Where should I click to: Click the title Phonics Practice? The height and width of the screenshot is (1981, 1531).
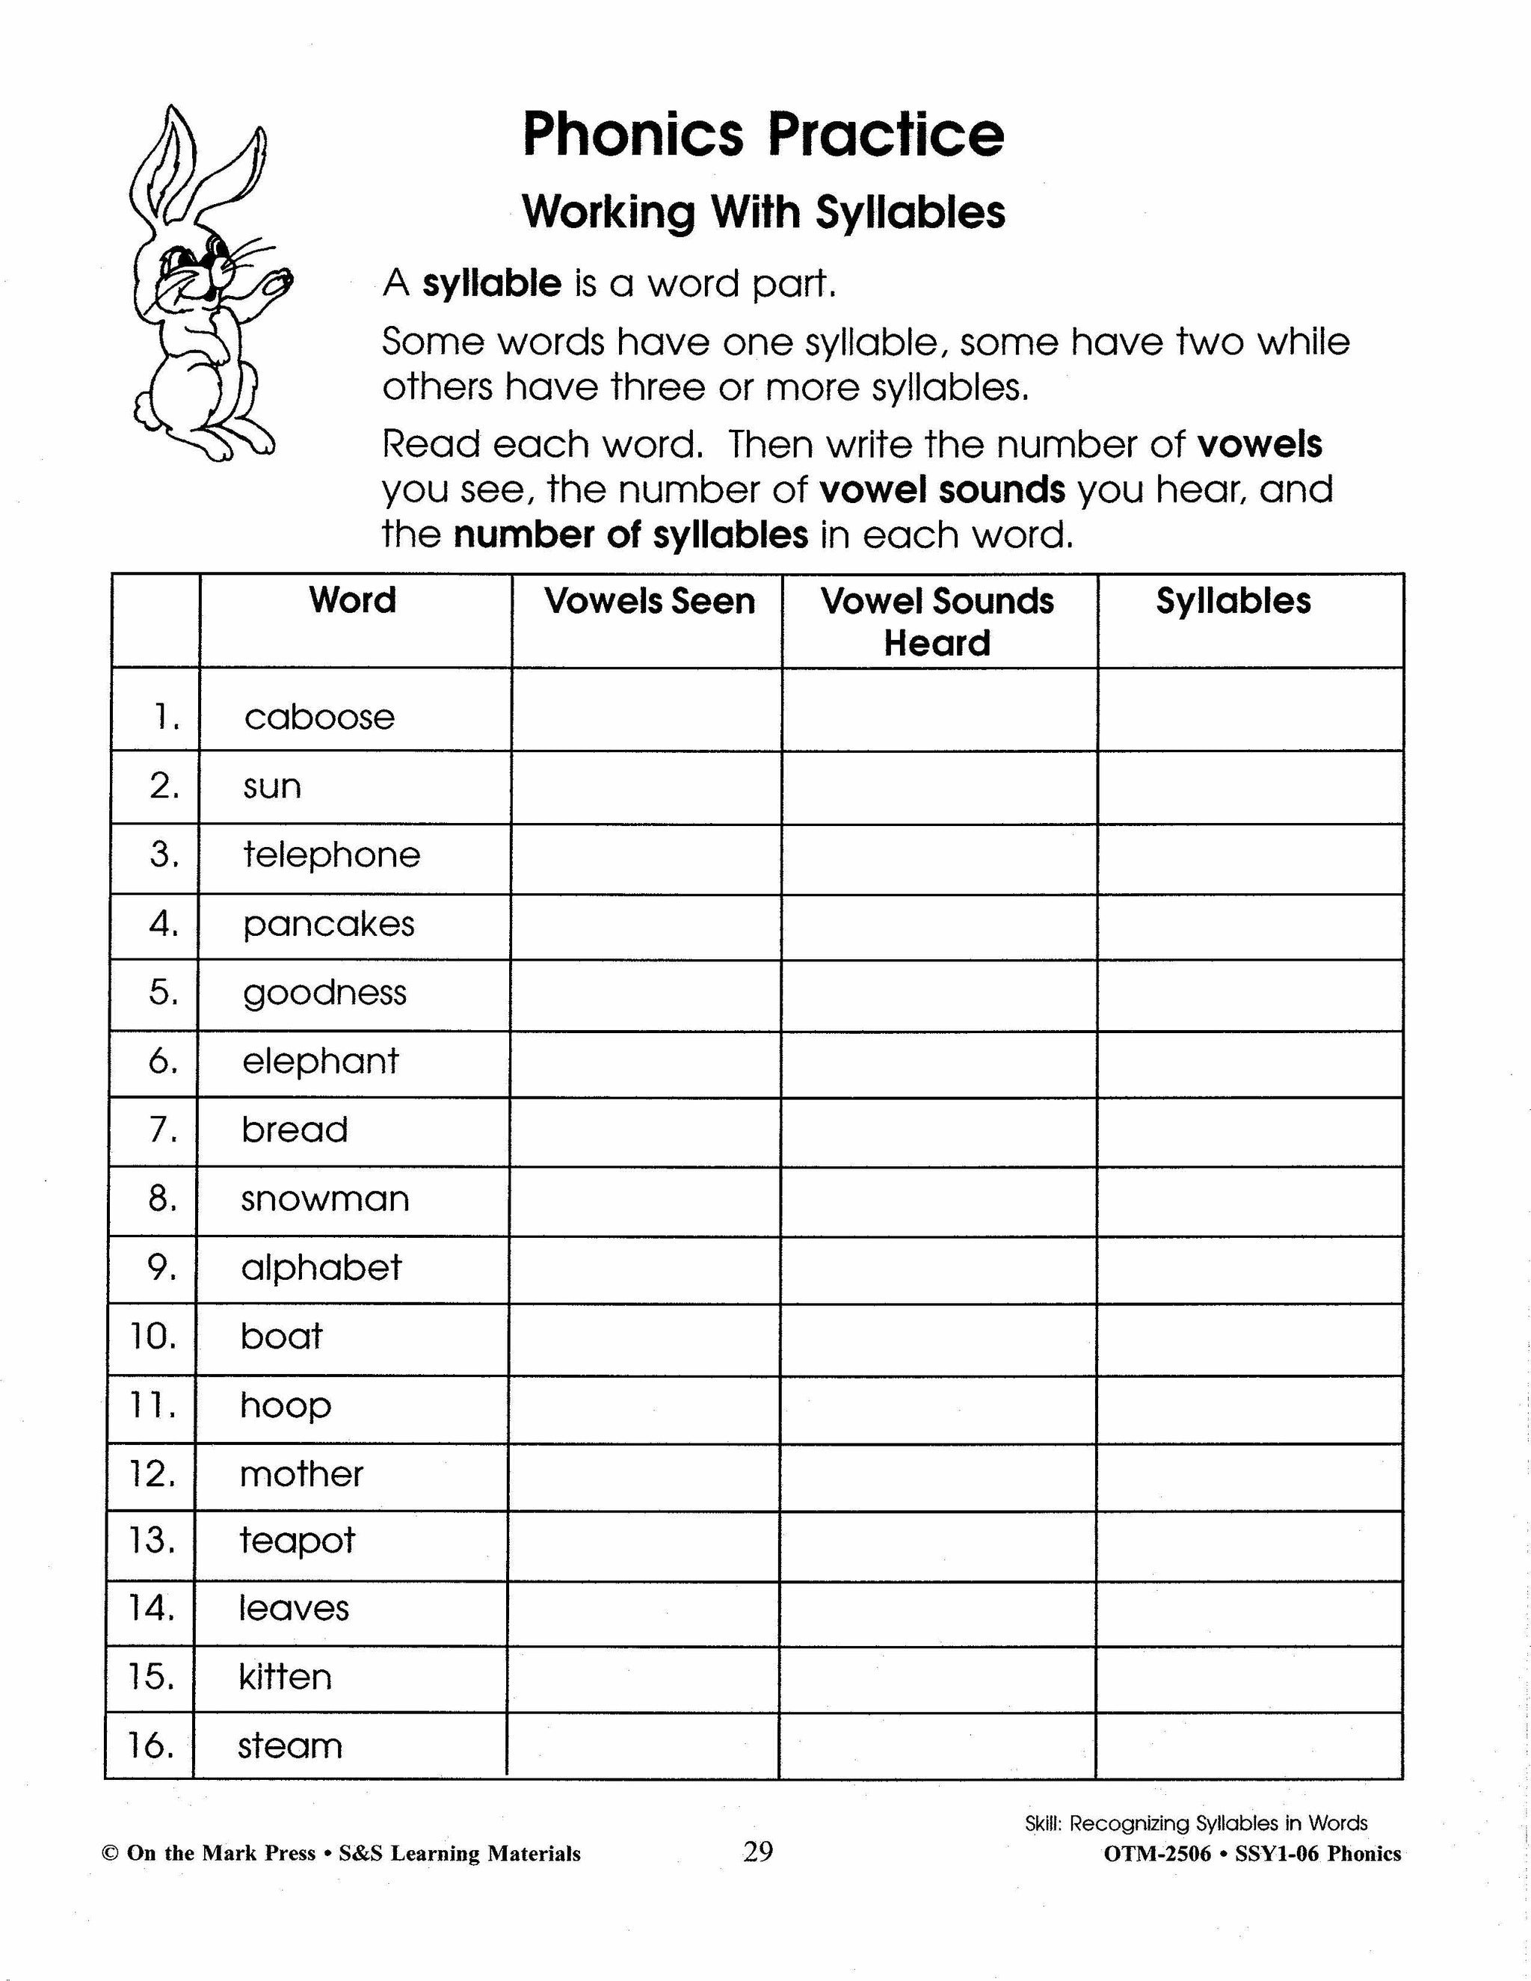coord(764,136)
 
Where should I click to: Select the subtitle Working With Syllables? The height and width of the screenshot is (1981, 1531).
coord(764,212)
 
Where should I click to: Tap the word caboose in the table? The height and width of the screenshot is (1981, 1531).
coord(319,718)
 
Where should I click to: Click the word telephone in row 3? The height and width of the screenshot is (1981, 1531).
coord(331,854)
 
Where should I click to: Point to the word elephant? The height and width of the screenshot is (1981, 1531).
coord(320,1060)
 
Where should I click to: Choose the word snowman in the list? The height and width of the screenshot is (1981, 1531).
coord(324,1198)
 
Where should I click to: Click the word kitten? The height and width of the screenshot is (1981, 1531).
coord(285,1676)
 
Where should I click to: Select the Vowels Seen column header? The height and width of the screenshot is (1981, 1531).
coord(650,601)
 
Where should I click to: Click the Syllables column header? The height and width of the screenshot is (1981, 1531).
coord(1233,601)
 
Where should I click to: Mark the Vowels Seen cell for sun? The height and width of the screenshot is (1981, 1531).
coord(646,787)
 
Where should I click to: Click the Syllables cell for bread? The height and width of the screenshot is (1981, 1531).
coord(1250,1131)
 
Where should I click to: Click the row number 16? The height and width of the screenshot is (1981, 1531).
coord(150,1746)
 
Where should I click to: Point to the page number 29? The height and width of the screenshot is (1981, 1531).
coord(757,1851)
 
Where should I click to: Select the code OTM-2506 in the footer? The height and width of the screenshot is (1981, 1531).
coord(1156,1854)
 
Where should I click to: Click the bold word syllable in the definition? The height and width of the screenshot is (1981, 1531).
coord(493,285)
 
